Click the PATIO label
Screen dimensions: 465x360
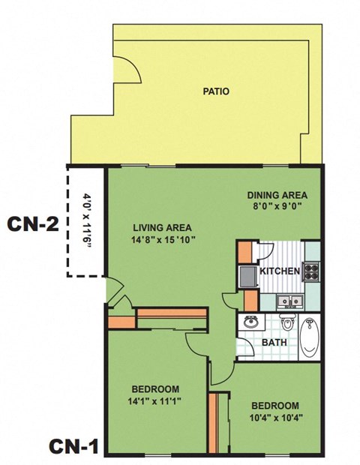point(216,92)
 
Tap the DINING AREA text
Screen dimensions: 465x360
point(277,196)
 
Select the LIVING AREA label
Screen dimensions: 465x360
point(163,227)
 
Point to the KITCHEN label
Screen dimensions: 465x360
point(280,271)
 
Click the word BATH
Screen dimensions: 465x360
point(274,342)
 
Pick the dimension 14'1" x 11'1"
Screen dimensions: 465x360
point(154,401)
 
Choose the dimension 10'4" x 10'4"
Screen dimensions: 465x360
point(274,417)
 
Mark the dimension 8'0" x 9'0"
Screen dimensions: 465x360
point(277,208)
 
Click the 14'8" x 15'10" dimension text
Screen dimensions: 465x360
point(163,240)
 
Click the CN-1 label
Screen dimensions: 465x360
point(73,446)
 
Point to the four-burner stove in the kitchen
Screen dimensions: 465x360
point(311,271)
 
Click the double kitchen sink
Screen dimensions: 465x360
point(289,301)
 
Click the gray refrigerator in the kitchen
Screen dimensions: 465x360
point(247,276)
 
